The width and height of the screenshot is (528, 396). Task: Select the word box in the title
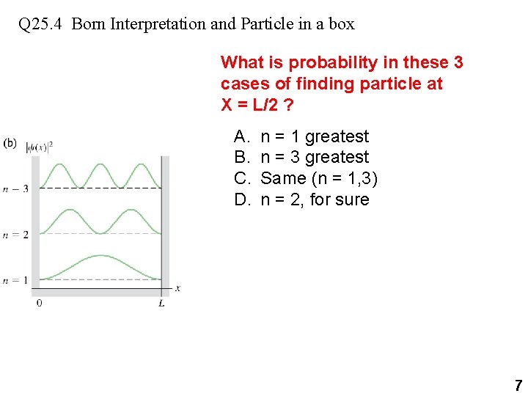[x=341, y=24]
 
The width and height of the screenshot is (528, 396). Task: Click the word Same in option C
[x=283, y=178]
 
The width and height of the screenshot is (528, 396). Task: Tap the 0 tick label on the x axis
[x=39, y=303]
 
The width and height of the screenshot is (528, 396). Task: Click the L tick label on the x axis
[x=161, y=303]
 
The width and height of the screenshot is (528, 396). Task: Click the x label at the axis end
[x=177, y=288]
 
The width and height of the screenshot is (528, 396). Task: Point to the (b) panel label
[x=10, y=143]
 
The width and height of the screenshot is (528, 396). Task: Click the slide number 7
[x=518, y=385]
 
